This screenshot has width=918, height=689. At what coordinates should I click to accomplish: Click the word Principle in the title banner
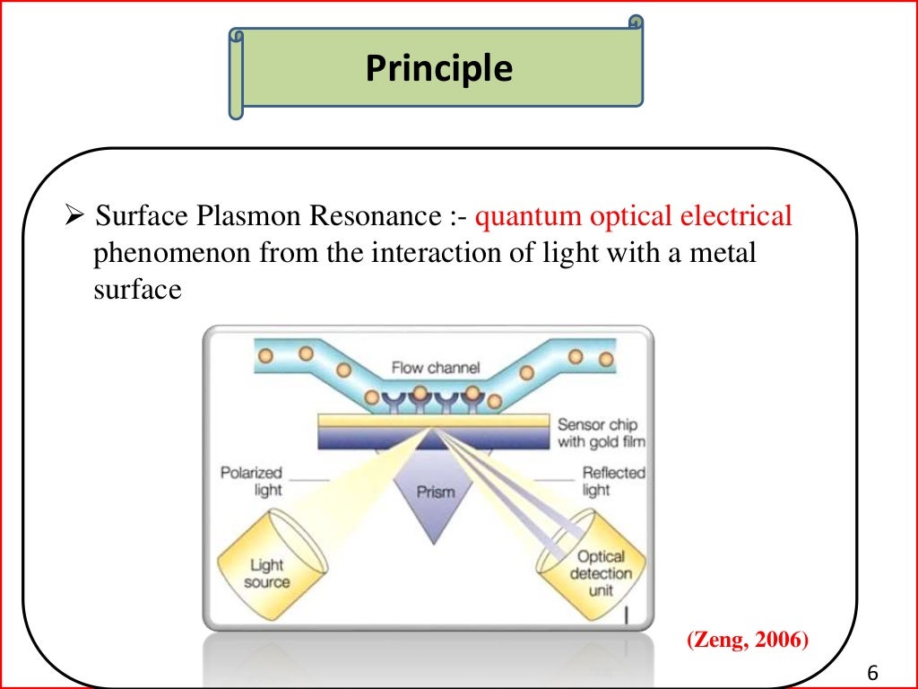[x=438, y=69]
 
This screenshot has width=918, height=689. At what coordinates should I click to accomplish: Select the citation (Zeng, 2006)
[x=747, y=641]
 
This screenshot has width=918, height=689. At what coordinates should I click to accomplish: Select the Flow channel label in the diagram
[x=436, y=368]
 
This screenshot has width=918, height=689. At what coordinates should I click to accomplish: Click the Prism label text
[x=436, y=492]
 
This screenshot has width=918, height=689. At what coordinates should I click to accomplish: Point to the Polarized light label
[x=251, y=481]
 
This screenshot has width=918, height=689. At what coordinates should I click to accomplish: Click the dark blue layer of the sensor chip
[x=434, y=437]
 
